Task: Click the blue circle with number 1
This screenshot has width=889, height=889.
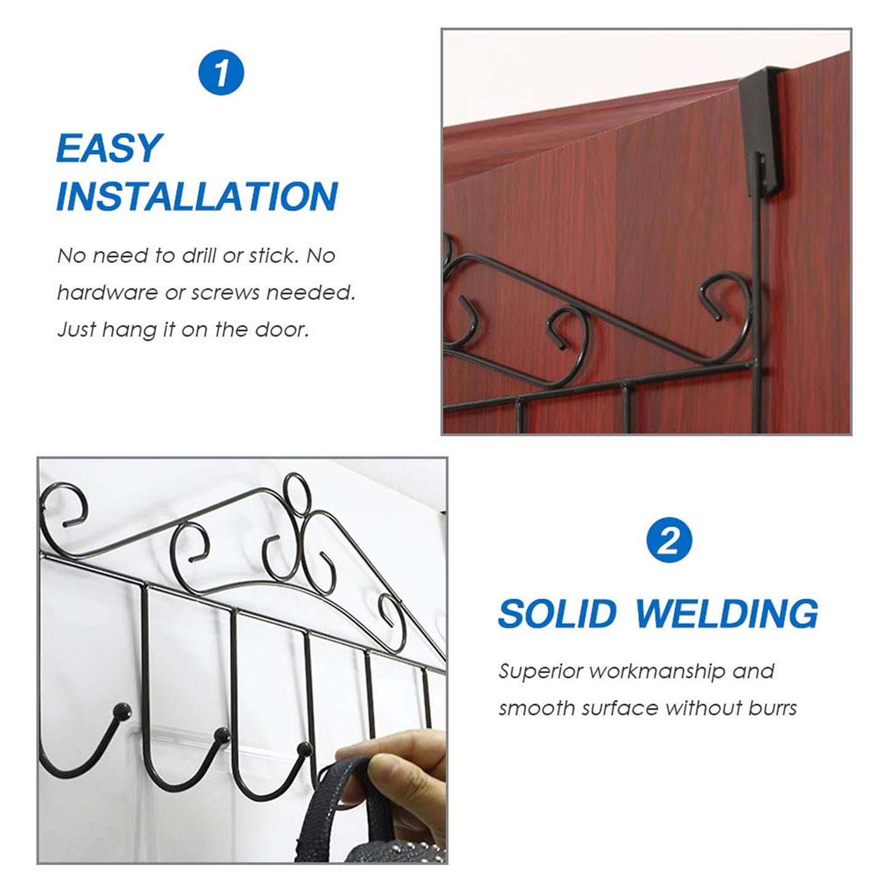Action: point(221,73)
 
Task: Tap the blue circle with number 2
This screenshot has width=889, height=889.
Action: point(669,542)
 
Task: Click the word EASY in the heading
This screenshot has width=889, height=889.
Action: point(108,148)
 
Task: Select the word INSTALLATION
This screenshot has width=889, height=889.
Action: point(197,197)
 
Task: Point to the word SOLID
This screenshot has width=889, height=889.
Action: point(557,614)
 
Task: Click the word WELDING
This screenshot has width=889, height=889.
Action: point(726,614)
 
